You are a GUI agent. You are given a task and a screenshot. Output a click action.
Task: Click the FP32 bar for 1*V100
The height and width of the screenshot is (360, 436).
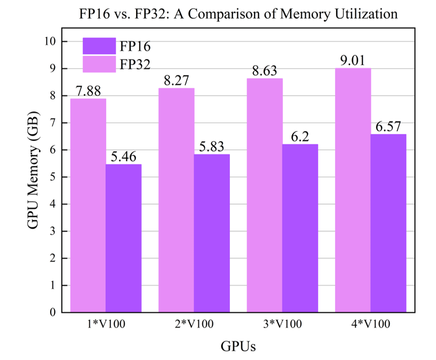click(88, 205)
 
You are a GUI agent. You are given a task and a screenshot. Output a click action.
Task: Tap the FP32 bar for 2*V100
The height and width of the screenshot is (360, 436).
click(176, 200)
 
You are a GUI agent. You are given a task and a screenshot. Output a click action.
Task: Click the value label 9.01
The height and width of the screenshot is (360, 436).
click(353, 61)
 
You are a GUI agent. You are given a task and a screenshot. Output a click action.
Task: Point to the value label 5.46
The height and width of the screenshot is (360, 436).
click(124, 157)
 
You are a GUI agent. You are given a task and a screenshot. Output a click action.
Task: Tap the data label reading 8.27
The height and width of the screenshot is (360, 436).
click(177, 81)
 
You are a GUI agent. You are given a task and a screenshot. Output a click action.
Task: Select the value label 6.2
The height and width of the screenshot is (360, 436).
click(300, 137)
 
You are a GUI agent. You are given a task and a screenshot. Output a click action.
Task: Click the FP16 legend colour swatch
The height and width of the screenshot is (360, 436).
click(99, 46)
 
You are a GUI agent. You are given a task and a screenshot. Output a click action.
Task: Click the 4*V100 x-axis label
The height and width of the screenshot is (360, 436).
click(371, 324)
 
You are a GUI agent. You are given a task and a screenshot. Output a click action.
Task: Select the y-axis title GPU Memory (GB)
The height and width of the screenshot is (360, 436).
click(32, 177)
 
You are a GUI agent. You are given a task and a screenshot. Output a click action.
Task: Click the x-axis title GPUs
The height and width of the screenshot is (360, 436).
click(238, 346)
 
